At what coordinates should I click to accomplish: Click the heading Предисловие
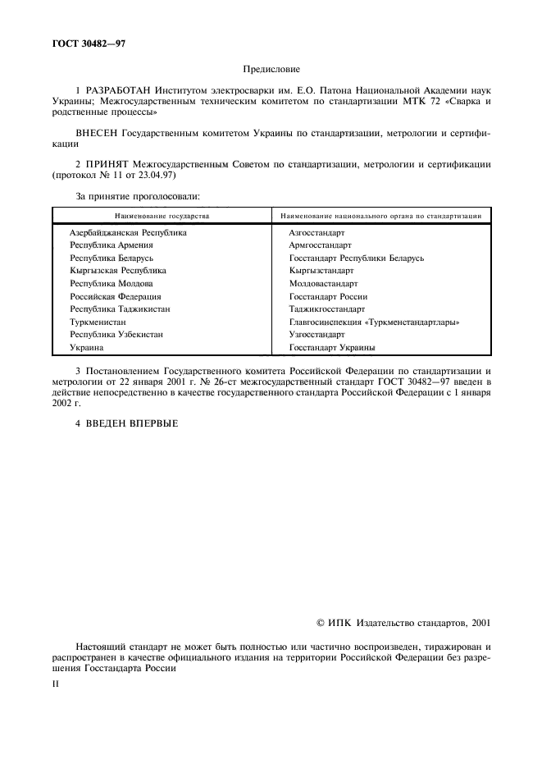271,71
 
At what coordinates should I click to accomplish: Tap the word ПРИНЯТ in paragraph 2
108,163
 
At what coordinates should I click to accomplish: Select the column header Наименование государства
162,216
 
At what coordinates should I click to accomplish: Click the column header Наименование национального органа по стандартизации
380,216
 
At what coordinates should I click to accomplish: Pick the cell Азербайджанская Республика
128,233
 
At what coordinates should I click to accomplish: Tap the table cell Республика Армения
112,245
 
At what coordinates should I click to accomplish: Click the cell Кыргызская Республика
118,270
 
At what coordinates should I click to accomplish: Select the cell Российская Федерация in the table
116,296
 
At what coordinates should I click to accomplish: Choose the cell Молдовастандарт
323,283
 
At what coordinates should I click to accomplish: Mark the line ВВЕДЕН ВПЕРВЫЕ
125,424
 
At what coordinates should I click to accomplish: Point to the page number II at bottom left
56,681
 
